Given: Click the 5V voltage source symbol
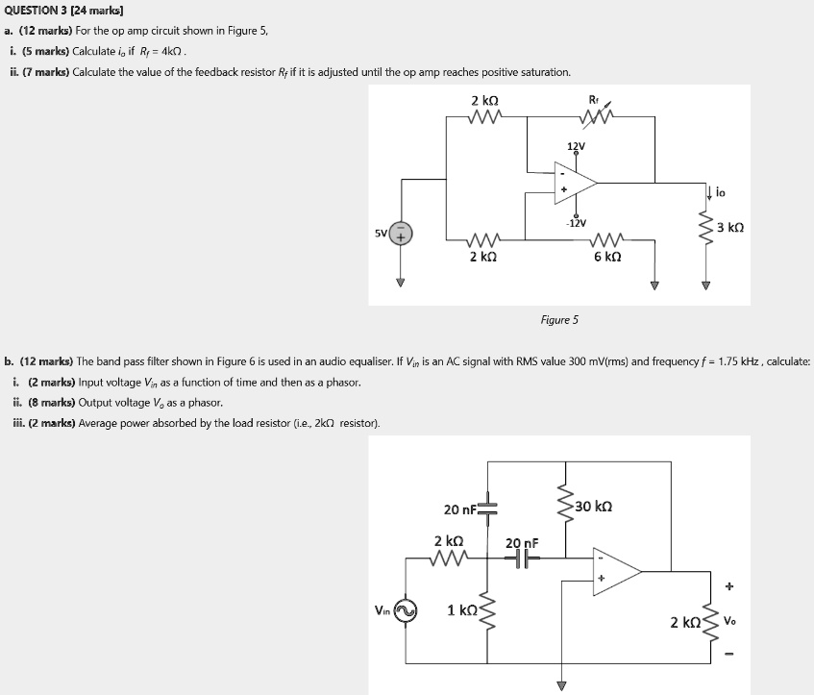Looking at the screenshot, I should click(x=401, y=233).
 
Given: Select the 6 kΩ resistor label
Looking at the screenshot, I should click(x=607, y=257).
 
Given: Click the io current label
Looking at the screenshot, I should click(x=723, y=193).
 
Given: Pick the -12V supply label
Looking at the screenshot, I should click(x=576, y=222).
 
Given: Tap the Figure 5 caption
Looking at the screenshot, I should click(x=560, y=319).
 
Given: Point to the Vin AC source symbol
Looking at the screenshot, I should click(x=406, y=610).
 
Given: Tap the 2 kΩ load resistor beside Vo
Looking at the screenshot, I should click(x=711, y=621).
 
